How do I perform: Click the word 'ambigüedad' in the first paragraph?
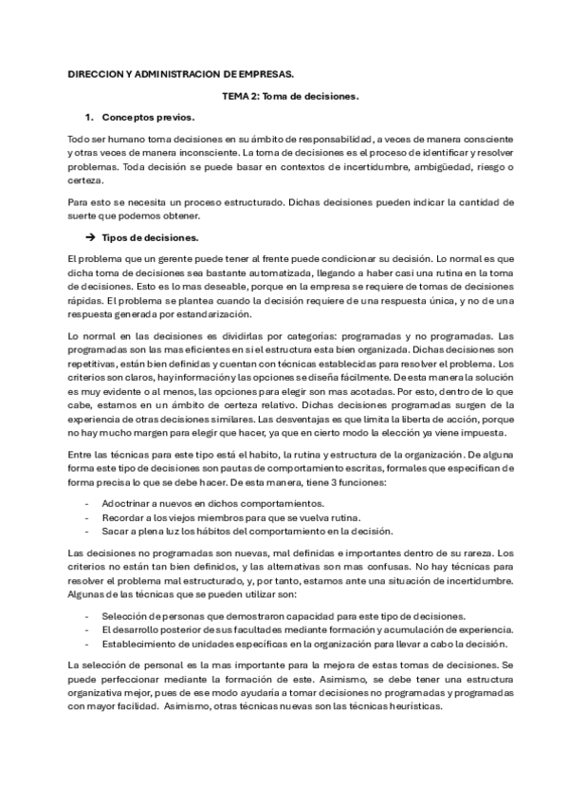coord(426,168)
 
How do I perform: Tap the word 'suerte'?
coord(84,216)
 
